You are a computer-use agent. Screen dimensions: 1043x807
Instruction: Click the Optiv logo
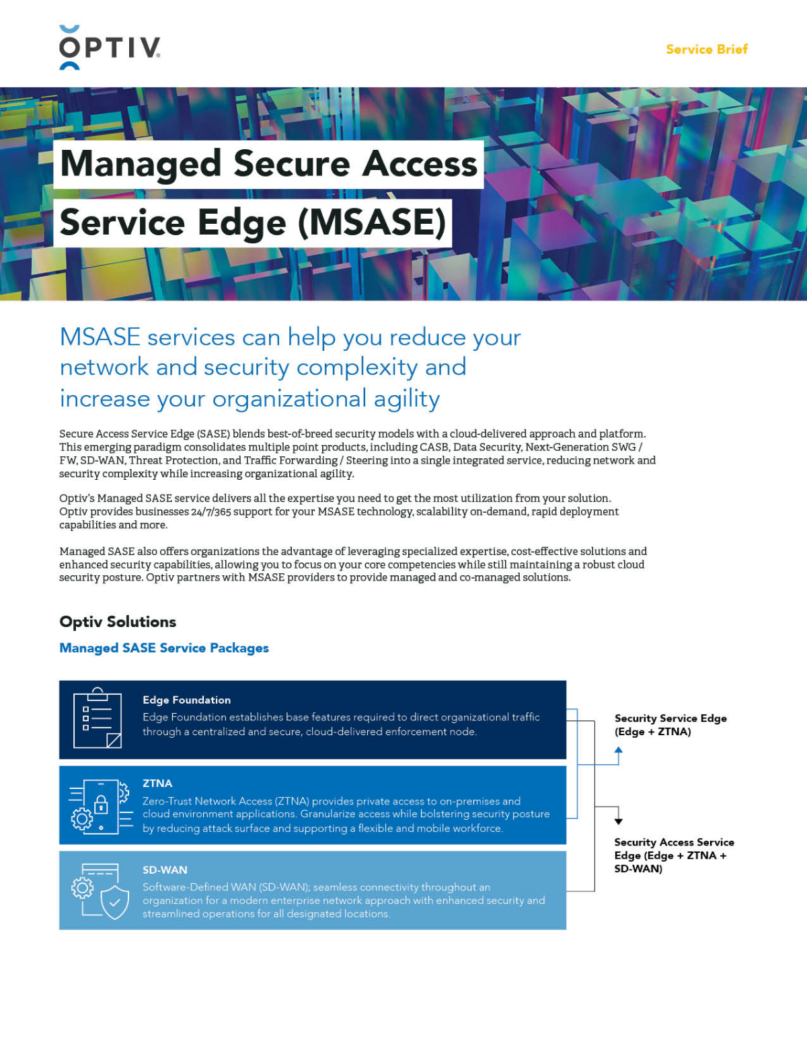point(110,48)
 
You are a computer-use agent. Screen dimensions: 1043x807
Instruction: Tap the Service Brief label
point(706,49)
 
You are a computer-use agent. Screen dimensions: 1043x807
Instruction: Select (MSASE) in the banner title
point(372,222)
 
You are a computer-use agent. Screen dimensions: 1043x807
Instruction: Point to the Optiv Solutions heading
point(118,622)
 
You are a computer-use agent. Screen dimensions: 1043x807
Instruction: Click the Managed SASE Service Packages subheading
point(164,648)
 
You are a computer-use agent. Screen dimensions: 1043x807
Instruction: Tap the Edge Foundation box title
point(186,700)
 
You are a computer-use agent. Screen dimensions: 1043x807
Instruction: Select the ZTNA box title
point(157,783)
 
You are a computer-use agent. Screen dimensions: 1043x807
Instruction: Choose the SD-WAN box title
point(165,870)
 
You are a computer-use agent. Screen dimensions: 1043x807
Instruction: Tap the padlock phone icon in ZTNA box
point(101,805)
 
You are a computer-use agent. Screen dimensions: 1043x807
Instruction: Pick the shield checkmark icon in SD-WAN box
point(114,902)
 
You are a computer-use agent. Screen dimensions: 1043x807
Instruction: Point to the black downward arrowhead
point(619,821)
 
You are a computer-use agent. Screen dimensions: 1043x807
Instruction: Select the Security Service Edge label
point(670,724)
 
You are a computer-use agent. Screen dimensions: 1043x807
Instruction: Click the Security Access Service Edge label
point(673,855)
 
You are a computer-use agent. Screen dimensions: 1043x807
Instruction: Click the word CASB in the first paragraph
point(434,447)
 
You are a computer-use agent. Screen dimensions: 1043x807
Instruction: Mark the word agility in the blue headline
point(406,399)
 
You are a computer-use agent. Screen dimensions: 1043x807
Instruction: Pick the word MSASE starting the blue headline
point(100,337)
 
